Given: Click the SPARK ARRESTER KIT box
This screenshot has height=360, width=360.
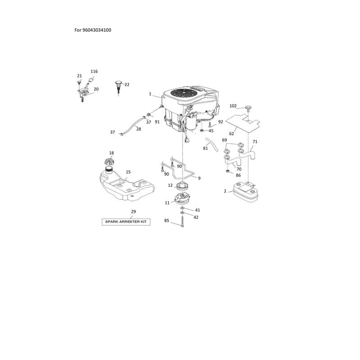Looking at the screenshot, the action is tap(126, 222).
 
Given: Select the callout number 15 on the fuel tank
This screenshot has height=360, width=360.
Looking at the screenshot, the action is tap(128, 172).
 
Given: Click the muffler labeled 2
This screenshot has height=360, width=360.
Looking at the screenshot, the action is tap(245, 192).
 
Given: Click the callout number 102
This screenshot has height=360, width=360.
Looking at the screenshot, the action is tap(233, 106).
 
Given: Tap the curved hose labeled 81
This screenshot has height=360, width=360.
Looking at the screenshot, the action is tap(212, 144).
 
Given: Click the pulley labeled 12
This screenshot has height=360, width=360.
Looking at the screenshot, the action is tap(182, 185).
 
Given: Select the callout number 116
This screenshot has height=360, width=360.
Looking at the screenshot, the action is tap(94, 72).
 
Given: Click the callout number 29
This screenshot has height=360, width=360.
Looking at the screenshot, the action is tap(133, 211).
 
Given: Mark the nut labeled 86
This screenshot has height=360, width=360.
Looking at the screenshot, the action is tap(228, 171).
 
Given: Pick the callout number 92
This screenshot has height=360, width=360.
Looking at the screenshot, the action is tap(220, 122).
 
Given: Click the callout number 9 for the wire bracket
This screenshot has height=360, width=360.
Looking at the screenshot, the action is tap(199, 178).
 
